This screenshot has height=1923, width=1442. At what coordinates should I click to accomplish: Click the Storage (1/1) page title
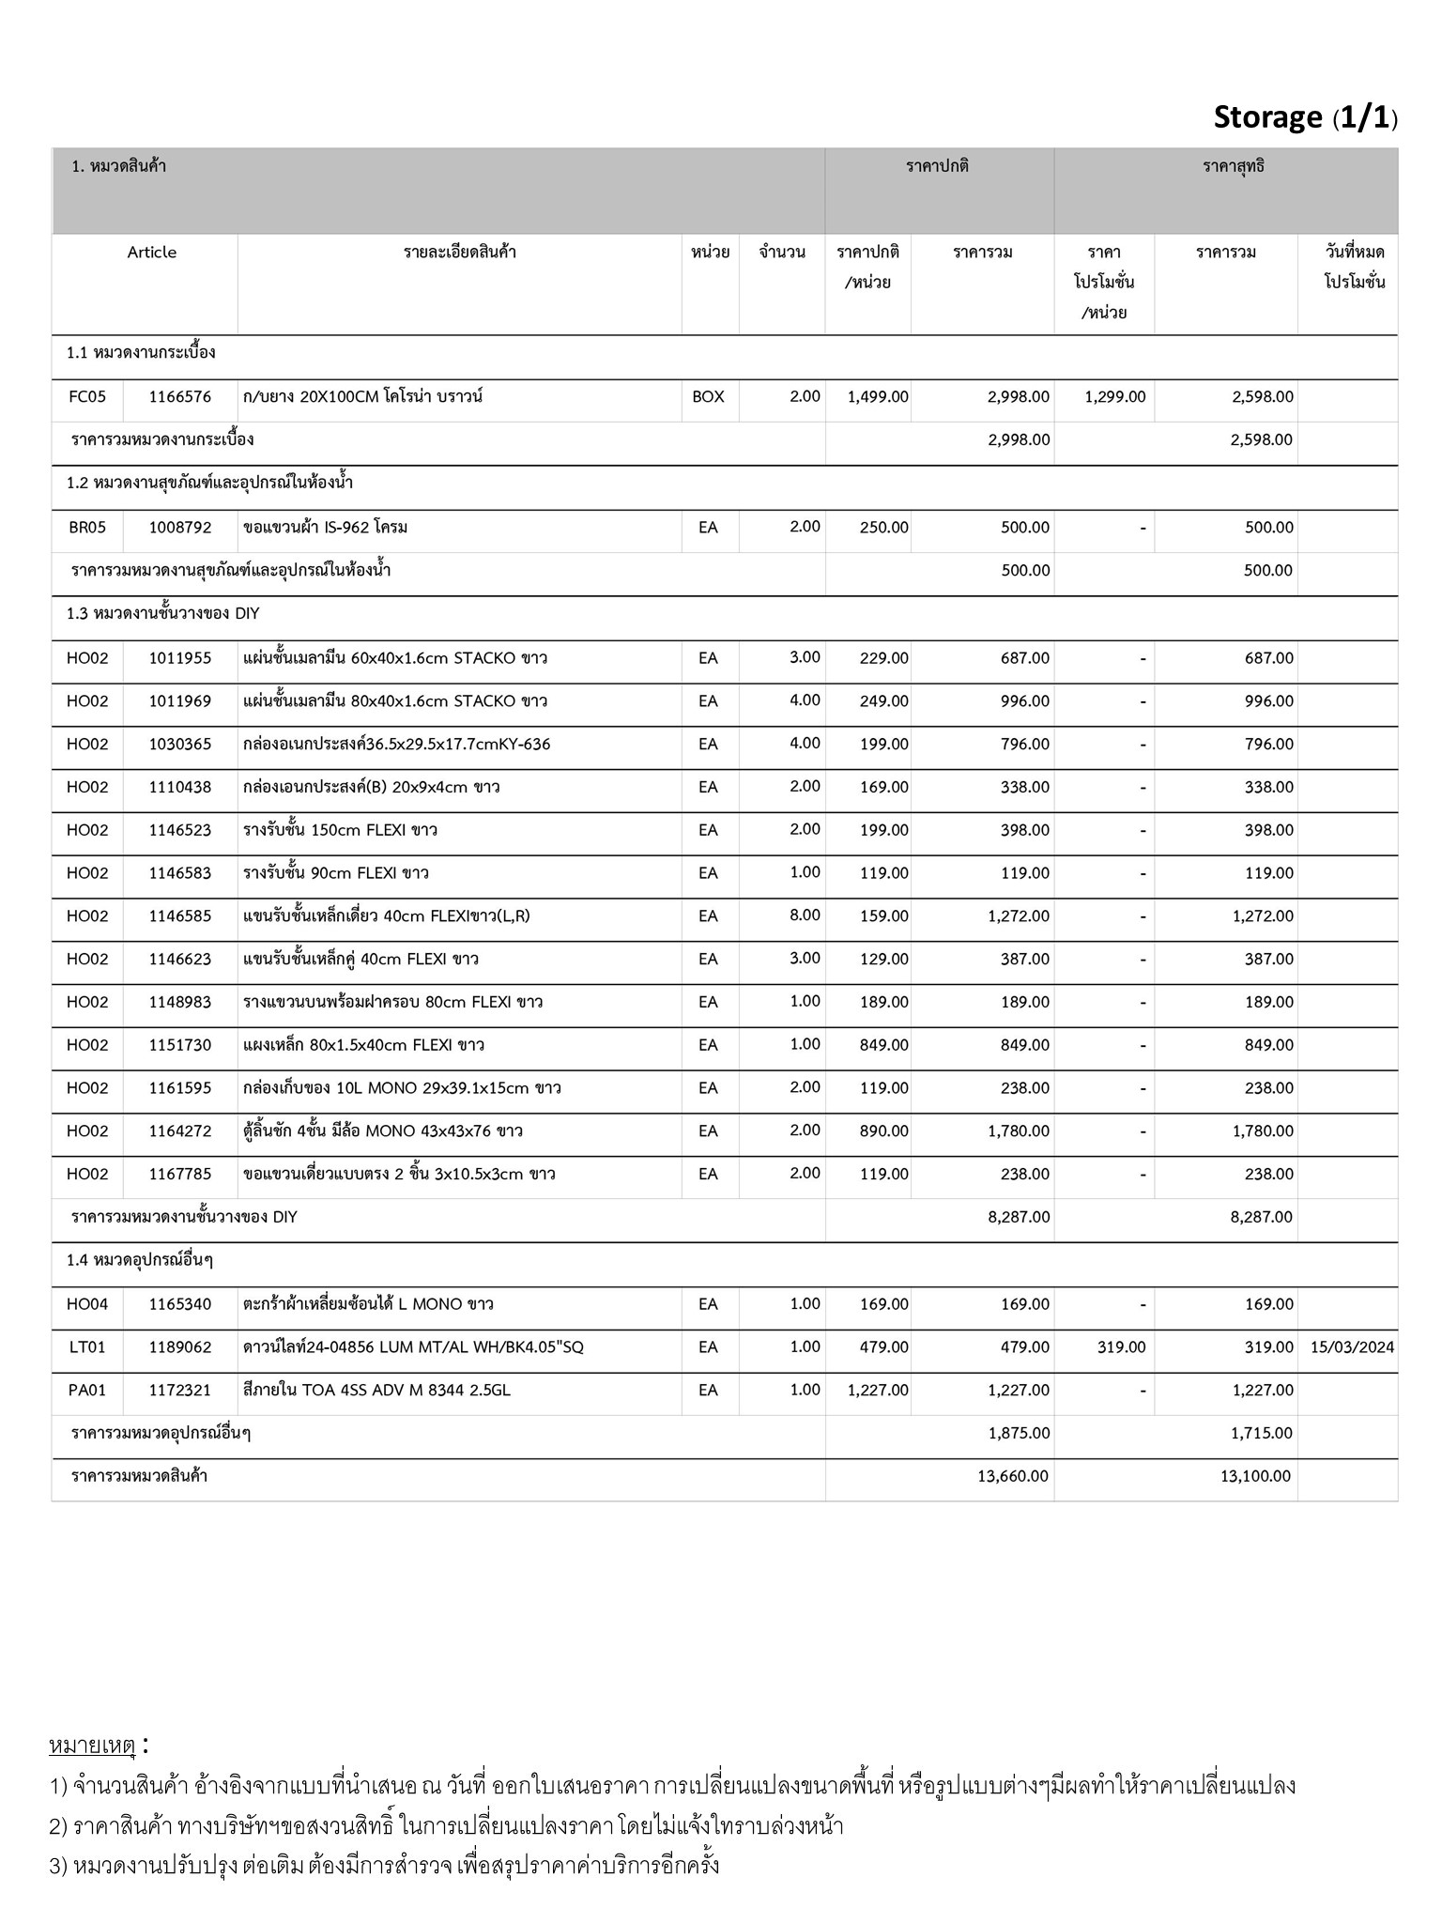click(1305, 117)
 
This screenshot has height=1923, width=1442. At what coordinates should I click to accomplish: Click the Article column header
click(152, 252)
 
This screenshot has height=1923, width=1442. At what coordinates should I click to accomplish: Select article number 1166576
click(180, 396)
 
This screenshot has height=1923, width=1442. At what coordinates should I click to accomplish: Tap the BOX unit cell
click(708, 396)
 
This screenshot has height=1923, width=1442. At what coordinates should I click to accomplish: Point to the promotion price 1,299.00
click(1114, 396)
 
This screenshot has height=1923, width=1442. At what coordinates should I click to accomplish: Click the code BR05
click(87, 527)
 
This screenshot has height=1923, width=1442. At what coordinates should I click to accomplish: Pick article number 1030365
click(180, 744)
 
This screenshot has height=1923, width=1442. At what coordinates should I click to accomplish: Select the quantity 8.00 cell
click(805, 915)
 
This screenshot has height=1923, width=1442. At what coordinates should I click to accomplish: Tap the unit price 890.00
click(883, 1131)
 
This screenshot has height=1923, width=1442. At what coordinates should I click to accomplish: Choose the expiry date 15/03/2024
click(1352, 1347)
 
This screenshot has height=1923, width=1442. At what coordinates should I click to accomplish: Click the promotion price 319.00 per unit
click(1121, 1347)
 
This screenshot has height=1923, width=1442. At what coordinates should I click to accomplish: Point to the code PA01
click(87, 1390)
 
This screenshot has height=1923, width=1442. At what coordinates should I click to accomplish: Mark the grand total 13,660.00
click(1012, 1476)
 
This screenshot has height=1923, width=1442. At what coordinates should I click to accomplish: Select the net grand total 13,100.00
click(1255, 1476)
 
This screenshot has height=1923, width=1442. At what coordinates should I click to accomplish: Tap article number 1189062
click(180, 1347)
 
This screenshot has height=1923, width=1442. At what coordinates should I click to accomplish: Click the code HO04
click(87, 1304)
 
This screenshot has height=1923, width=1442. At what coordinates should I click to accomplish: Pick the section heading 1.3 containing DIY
click(163, 613)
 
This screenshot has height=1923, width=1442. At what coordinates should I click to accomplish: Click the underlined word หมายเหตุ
click(92, 1746)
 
